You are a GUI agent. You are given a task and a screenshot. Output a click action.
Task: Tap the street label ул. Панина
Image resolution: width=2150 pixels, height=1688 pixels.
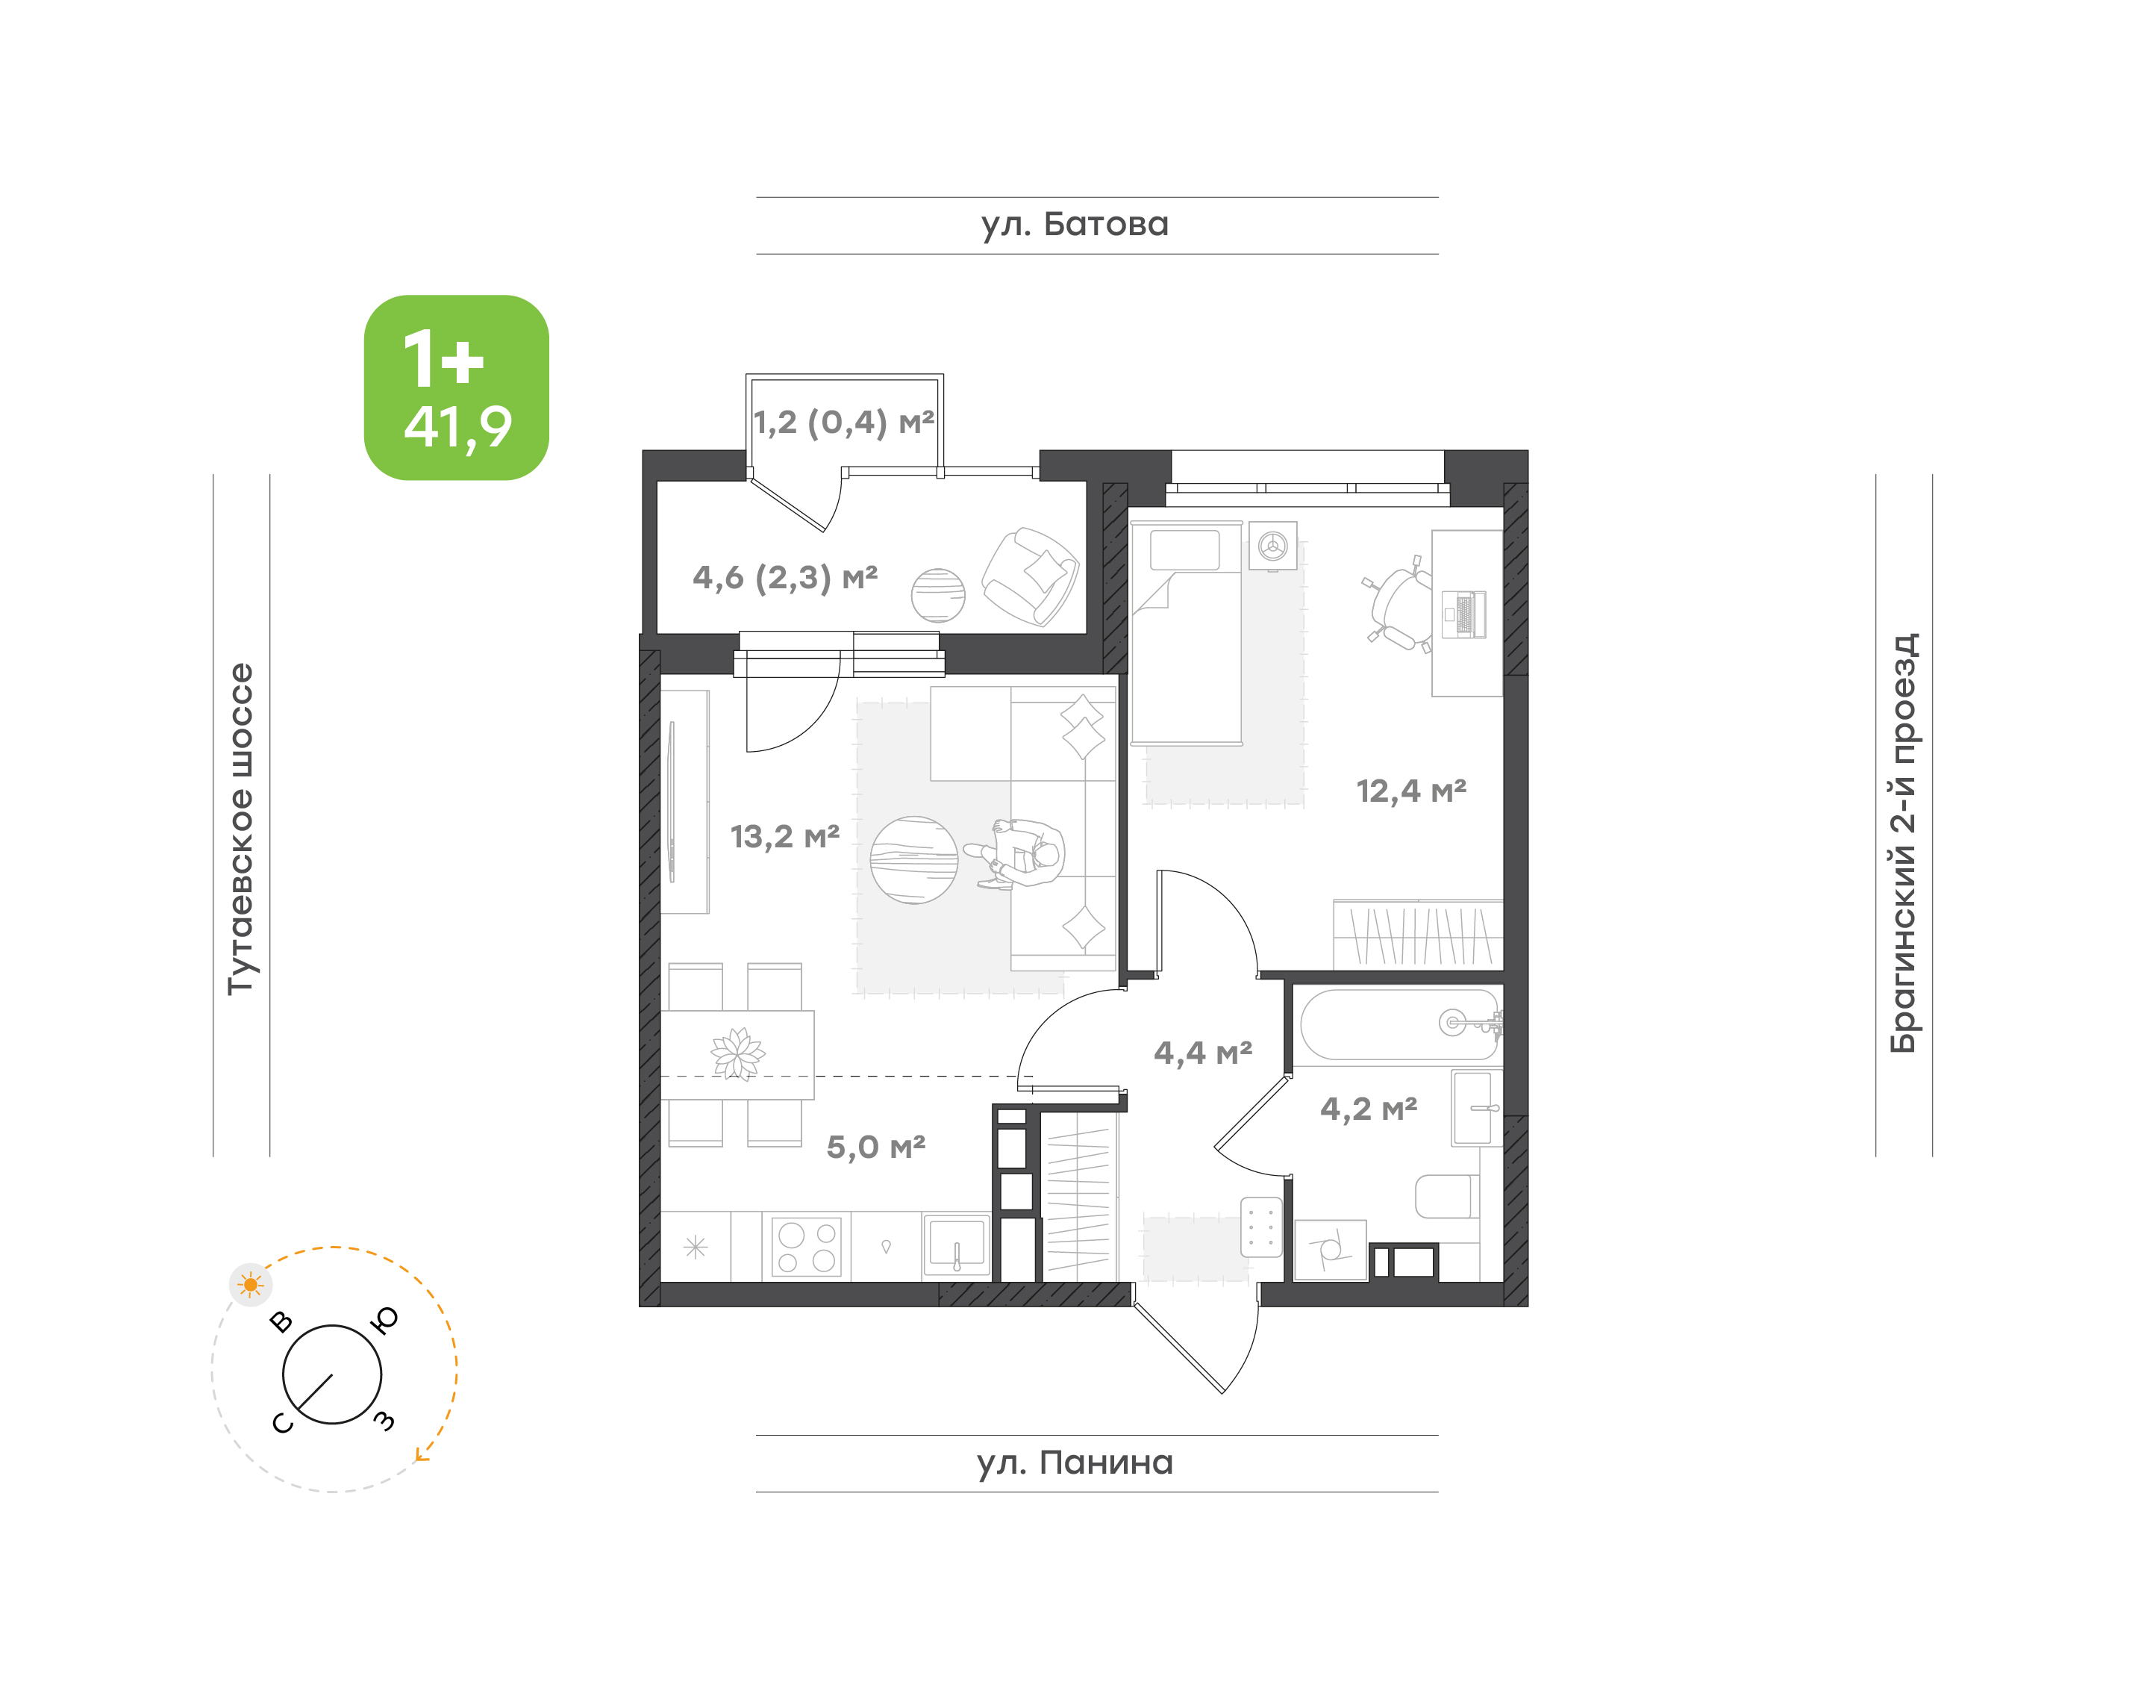coord(1074,1463)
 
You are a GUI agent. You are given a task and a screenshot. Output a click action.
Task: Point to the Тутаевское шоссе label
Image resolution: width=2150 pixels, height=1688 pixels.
coord(241,828)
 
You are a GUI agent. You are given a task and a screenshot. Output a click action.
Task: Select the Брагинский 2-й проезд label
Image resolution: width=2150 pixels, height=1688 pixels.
coord(1903,843)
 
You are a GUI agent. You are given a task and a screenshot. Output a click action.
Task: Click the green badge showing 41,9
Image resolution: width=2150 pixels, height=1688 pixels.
coord(457,387)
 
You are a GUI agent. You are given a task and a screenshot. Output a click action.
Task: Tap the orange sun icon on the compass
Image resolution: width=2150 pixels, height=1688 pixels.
coord(251,1285)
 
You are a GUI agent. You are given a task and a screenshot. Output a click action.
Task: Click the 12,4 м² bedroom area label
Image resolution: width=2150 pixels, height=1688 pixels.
coord(1411,791)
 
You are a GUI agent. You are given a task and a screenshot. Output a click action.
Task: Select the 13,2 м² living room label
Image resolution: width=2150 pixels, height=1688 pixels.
coord(784,837)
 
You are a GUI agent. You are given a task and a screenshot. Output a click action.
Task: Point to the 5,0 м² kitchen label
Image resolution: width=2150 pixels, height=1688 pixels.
coord(875,1147)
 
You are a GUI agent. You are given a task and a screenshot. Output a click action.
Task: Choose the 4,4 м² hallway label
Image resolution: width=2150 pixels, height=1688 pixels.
coord(1202,1053)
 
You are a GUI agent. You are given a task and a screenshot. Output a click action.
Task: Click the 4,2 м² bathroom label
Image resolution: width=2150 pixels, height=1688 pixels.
coord(1369,1109)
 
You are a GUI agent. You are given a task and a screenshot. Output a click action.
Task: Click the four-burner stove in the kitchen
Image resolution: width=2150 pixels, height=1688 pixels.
coord(806,1246)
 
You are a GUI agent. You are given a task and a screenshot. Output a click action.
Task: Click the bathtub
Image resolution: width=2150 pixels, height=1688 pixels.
coord(1400,1025)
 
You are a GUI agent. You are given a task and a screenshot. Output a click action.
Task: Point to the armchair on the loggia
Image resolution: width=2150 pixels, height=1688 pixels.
coord(1031,577)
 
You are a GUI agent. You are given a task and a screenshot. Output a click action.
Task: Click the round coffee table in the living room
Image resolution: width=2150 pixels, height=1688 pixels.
coord(914,860)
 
